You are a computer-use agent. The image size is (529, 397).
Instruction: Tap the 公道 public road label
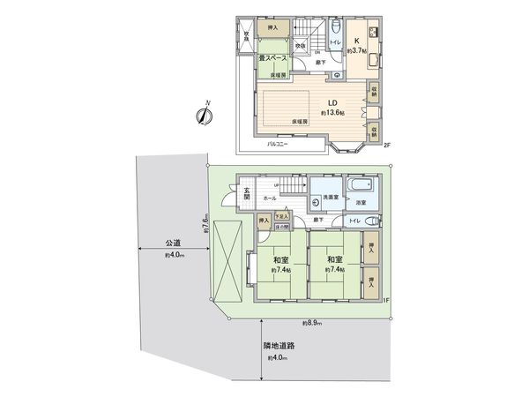pyautogui.click(x=172, y=243)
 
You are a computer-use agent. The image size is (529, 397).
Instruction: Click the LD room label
pyautogui.click(x=309, y=101)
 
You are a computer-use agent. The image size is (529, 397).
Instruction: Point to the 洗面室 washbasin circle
pyautogui.click(x=317, y=202)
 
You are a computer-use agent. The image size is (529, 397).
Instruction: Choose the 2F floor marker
pyautogui.click(x=387, y=146)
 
